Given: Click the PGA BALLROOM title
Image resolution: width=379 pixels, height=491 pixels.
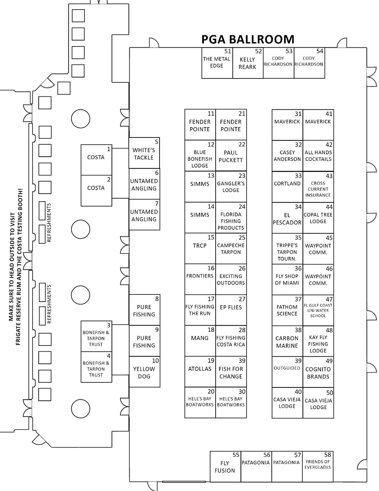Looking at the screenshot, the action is click(x=248, y=39).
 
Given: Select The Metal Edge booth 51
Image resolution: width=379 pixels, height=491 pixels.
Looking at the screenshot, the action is click(x=217, y=63).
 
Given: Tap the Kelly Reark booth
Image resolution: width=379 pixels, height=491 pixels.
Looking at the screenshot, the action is click(x=247, y=63).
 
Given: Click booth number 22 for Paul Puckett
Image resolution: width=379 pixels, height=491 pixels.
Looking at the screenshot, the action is click(x=231, y=156).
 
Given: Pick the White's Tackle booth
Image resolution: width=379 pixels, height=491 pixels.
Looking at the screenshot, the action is click(x=144, y=154).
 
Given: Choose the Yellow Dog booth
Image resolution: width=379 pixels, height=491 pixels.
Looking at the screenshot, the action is click(x=144, y=372).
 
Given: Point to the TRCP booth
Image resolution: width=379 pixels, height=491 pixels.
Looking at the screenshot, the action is click(x=200, y=248).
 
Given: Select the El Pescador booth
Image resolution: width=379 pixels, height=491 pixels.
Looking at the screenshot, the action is click(x=287, y=218).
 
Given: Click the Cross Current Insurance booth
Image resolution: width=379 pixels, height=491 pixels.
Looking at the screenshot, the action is click(x=318, y=187).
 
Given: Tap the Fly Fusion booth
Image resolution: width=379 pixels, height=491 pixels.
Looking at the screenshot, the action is click(x=225, y=467).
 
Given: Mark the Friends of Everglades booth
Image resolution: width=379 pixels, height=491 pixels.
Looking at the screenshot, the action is click(x=317, y=467).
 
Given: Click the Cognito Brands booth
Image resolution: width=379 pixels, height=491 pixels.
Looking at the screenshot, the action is click(x=318, y=372).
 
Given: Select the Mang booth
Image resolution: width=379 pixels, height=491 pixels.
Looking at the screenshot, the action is click(x=200, y=341).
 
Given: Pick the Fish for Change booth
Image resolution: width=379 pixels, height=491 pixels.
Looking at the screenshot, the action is click(x=231, y=372).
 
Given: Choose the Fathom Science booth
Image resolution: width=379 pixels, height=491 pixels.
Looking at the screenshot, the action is click(x=287, y=310).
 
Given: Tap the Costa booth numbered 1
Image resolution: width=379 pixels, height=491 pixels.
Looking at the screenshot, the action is click(x=96, y=160).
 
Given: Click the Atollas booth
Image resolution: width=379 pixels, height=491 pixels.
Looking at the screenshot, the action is click(x=200, y=372).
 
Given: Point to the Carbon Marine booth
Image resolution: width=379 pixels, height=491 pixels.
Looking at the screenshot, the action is click(x=287, y=341).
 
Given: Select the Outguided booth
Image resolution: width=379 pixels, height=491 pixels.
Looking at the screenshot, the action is click(x=287, y=372).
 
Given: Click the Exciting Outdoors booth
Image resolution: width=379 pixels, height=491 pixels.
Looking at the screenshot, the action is click(x=231, y=279).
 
